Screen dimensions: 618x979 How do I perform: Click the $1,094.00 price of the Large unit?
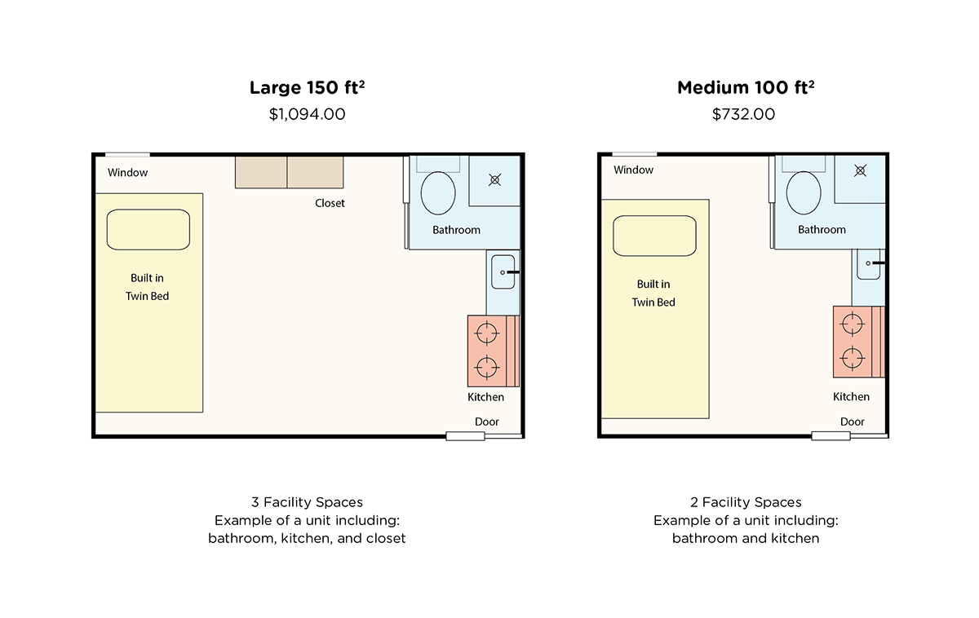[307, 114]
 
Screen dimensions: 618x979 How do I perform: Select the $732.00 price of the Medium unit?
[743, 114]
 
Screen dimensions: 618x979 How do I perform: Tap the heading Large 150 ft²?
[307, 88]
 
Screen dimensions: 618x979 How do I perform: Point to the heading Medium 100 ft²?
[745, 88]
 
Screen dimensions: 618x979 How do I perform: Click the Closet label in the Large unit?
[330, 203]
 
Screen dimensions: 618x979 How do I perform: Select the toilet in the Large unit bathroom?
[438, 192]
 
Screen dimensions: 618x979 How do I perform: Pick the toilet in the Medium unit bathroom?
[804, 192]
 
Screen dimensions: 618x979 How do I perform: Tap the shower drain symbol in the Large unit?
[494, 179]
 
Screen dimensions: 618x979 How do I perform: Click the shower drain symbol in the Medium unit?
[860, 170]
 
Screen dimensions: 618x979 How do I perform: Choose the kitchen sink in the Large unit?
[502, 271]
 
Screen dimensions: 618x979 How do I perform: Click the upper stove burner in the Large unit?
[486, 333]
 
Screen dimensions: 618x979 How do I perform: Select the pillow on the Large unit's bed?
[148, 230]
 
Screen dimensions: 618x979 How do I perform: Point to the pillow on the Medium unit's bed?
[654, 236]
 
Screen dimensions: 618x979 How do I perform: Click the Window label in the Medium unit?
[633, 170]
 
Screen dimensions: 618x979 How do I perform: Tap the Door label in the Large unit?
[487, 422]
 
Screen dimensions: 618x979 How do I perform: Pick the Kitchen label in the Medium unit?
[851, 397]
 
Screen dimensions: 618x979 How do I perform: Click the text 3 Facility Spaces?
[307, 502]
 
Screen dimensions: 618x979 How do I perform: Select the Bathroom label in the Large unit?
[456, 230]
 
